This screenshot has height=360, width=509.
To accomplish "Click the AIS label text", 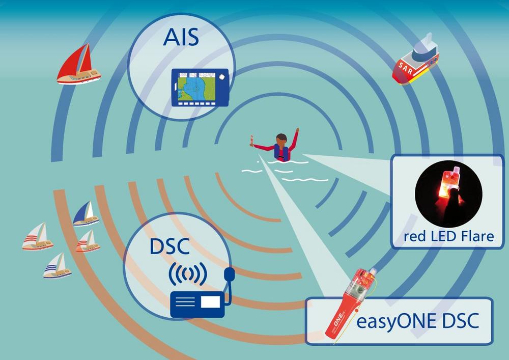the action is tap(181, 37).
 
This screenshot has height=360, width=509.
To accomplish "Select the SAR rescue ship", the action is tap(415, 60).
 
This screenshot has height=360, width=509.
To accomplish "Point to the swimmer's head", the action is tap(281, 139).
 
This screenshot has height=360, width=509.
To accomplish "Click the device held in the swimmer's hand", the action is tap(251, 140).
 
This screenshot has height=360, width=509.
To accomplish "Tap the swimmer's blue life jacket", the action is tap(281, 153).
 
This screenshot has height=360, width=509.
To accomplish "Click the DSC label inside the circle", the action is tap(169, 246).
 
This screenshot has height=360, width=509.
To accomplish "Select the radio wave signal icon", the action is tap(188, 273).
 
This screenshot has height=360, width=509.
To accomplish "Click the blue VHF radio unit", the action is tap(197, 304).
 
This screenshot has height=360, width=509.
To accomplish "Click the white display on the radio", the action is tap(210, 302).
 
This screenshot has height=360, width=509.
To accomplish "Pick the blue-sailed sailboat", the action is tap(86, 213).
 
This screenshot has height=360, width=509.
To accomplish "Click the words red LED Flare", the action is tap(448, 236).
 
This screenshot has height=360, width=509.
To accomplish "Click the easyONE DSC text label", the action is tap(418, 321).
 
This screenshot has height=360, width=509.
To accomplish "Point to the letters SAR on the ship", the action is tap(406, 69).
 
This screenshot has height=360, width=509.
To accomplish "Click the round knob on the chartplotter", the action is tap(222, 77).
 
